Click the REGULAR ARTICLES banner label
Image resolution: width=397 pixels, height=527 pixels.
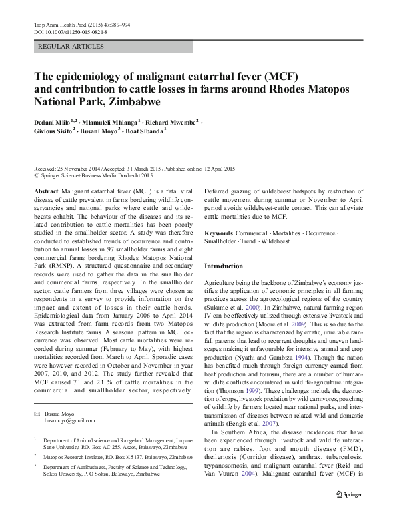pyautogui.click(x=72, y=47)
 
